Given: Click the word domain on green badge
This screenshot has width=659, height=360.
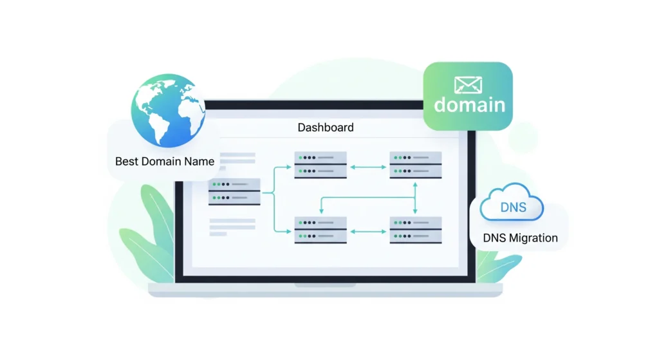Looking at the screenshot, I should pyautogui.click(x=470, y=105).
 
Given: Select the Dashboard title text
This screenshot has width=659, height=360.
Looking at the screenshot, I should pyautogui.click(x=325, y=128).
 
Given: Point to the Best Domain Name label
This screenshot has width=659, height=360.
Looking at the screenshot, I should pyautogui.click(x=165, y=161).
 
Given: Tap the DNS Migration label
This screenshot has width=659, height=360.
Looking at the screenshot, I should pyautogui.click(x=520, y=238).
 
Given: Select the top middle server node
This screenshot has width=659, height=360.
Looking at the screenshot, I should pyautogui.click(x=320, y=166).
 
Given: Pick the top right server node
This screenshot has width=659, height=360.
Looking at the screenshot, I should pyautogui.click(x=416, y=166).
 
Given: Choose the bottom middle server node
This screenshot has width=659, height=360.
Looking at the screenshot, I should pyautogui.click(x=320, y=230).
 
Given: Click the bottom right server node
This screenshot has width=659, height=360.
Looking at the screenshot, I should pyautogui.click(x=416, y=230).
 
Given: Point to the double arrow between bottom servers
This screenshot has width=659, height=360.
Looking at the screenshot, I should pyautogui.click(x=368, y=230).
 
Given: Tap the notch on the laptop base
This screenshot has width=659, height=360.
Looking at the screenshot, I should pyautogui.click(x=325, y=285).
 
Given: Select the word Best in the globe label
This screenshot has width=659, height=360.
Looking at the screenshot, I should pyautogui.click(x=125, y=161).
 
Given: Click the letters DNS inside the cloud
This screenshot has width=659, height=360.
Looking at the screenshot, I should pyautogui.click(x=513, y=207).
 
